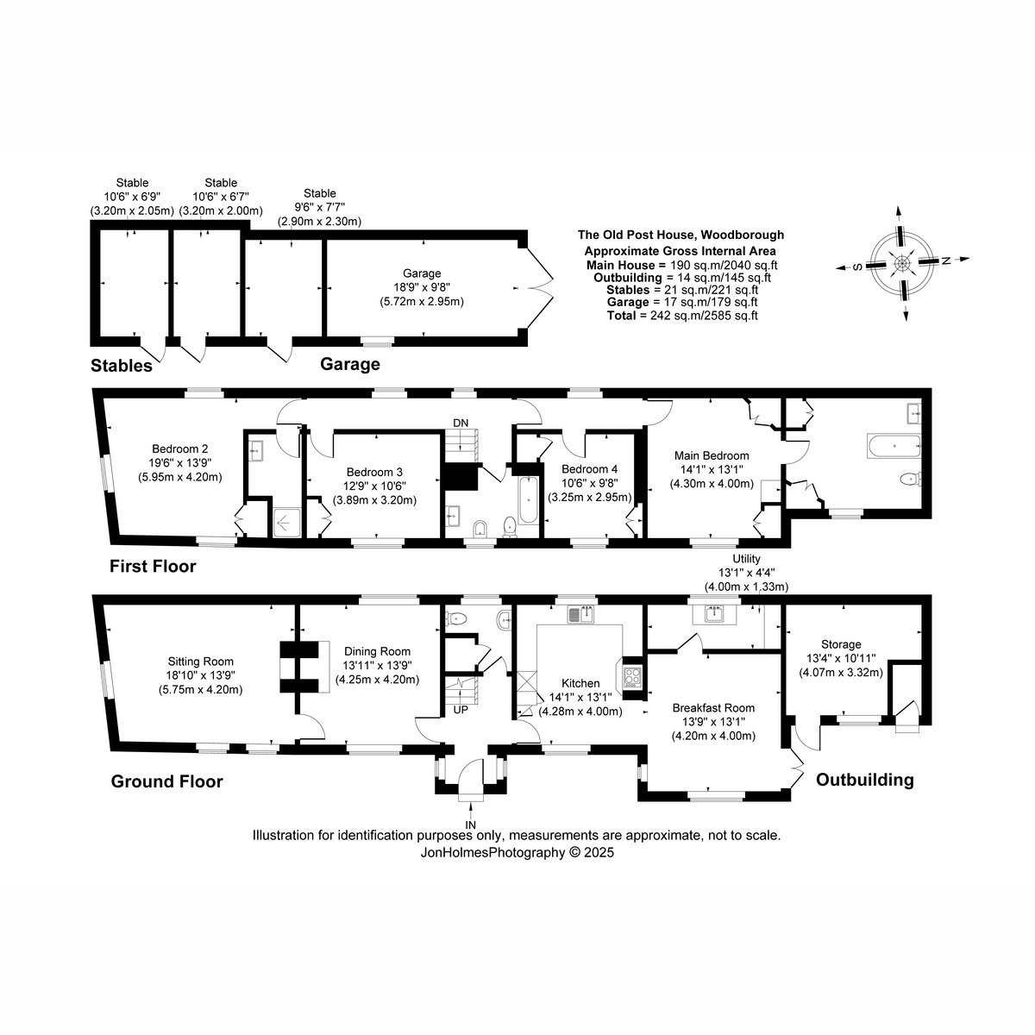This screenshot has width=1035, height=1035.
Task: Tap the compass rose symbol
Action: tap(902, 263)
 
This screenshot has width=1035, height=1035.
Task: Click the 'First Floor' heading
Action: tap(153, 566)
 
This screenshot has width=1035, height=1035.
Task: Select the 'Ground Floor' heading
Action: tap(166, 781)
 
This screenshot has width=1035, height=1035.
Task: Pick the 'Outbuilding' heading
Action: tap(865, 780)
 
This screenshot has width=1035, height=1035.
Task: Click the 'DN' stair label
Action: tap(461, 423)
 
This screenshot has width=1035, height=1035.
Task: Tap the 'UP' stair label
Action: tap(461, 710)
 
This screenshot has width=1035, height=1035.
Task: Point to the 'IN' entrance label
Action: tap(471, 825)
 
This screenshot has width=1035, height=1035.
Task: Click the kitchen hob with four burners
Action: tap(632, 677)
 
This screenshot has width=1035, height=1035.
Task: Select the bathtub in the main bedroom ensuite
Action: tap(894, 446)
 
